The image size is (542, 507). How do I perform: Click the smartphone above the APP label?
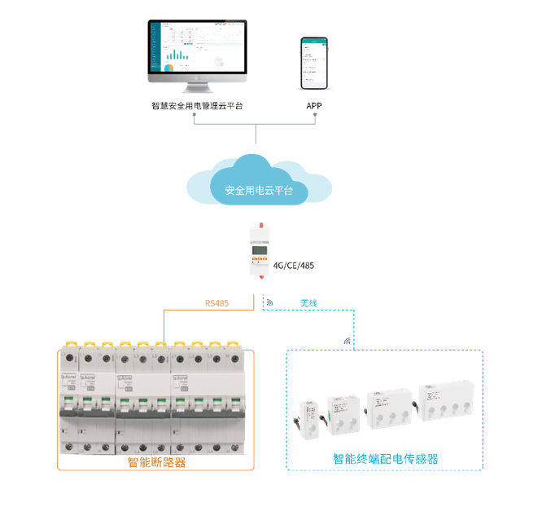313,63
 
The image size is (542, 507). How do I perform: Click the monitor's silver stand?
196,88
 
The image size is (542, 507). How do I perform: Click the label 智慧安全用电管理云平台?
197,106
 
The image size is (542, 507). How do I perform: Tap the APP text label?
314,106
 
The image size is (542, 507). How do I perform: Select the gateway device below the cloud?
260,249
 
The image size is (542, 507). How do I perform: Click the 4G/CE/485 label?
295,264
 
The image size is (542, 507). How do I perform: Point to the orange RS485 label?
216,303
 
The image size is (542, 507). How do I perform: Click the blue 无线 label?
308,303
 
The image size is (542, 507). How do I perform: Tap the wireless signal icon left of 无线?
269,302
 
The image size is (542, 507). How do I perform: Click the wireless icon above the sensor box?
347,341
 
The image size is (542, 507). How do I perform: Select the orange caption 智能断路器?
156,462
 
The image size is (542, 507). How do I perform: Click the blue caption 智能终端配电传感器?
385,459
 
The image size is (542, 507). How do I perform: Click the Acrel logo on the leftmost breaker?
68,378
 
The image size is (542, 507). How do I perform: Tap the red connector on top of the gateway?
260,224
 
